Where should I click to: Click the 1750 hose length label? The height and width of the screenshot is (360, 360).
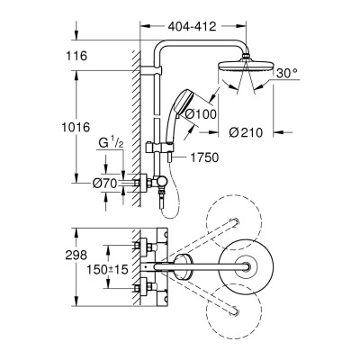(205, 158)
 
